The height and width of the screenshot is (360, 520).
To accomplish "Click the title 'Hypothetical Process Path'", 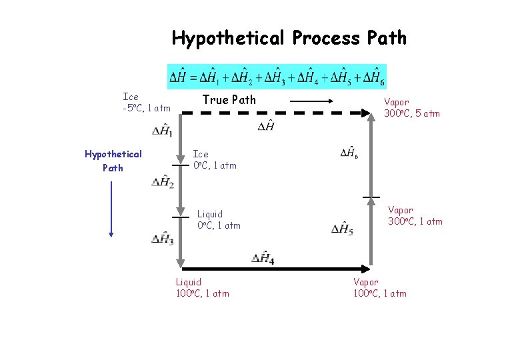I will pos(289,38).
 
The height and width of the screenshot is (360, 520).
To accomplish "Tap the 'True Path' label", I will pos(229,100).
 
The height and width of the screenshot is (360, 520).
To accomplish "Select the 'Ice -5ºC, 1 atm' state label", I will pos(147,102).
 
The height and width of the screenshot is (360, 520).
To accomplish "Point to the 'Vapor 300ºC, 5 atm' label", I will pos(411,107).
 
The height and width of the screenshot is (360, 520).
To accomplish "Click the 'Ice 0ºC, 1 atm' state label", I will pos(214,159).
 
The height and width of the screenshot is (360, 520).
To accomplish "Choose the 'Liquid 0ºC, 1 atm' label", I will pos(219,219).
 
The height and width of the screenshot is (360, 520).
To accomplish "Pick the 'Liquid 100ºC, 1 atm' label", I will pos(202,287).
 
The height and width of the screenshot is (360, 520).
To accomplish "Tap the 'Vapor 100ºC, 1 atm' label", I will pos(379,287).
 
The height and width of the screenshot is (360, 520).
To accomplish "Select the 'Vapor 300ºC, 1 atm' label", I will pos(415,215).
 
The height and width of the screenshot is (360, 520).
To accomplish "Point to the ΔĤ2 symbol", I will pos(163,181).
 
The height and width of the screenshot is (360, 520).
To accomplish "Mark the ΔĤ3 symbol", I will pos(163,239).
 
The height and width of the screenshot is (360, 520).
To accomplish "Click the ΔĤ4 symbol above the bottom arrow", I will pos(263,258).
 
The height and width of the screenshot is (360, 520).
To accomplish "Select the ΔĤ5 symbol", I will pos(343,229).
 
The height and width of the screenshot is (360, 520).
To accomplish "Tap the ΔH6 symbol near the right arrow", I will pos(350,153).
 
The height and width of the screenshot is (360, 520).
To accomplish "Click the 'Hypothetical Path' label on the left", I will pos(113,161).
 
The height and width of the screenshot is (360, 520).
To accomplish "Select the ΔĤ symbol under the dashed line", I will pos(265,126).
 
